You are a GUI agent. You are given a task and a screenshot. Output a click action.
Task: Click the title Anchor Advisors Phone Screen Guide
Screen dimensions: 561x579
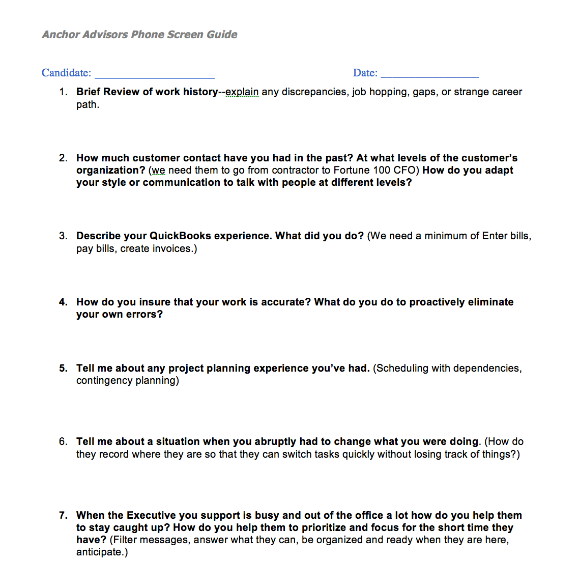click(139, 35)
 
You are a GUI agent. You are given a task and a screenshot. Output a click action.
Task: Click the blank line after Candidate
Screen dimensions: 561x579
click(155, 74)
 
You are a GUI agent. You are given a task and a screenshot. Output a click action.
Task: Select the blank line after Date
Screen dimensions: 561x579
click(430, 73)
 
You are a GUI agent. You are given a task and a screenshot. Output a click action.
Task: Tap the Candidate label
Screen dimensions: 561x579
click(66, 73)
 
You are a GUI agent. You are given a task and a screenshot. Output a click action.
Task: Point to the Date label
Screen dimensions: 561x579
click(365, 73)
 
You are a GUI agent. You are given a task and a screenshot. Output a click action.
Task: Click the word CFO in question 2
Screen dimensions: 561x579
click(405, 170)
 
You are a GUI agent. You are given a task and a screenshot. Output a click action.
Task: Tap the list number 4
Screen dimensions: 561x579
click(63, 302)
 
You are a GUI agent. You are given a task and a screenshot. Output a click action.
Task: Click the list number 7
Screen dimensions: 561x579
click(63, 515)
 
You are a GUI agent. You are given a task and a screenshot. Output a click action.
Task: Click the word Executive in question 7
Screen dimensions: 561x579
click(151, 515)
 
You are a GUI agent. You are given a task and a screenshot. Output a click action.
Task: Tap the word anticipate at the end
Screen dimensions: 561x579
click(100, 552)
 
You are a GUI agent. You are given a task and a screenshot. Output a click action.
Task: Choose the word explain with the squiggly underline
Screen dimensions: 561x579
click(242, 92)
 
